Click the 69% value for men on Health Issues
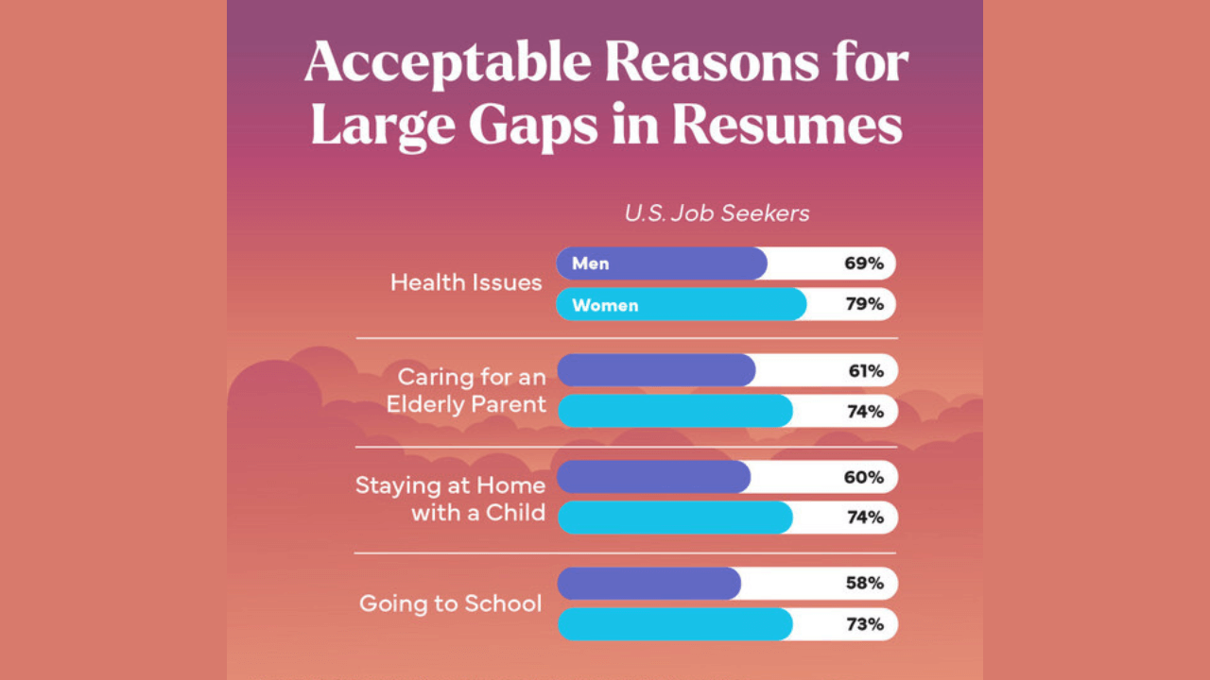tap(864, 263)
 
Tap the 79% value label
tap(865, 304)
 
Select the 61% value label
tap(866, 371)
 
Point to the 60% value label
tap(864, 477)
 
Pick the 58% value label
tap(864, 584)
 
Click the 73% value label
tap(865, 624)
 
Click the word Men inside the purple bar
tap(591, 263)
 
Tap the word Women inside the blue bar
tap(605, 305)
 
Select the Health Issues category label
tap(466, 282)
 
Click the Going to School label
tap(450, 603)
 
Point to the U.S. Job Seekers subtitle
tap(717, 213)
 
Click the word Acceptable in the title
tap(448, 62)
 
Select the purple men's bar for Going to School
tap(649, 584)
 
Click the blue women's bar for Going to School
tap(675, 624)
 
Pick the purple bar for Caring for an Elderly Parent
tap(656, 370)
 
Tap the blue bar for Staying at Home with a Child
tap(675, 518)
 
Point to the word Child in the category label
tap(515, 513)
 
